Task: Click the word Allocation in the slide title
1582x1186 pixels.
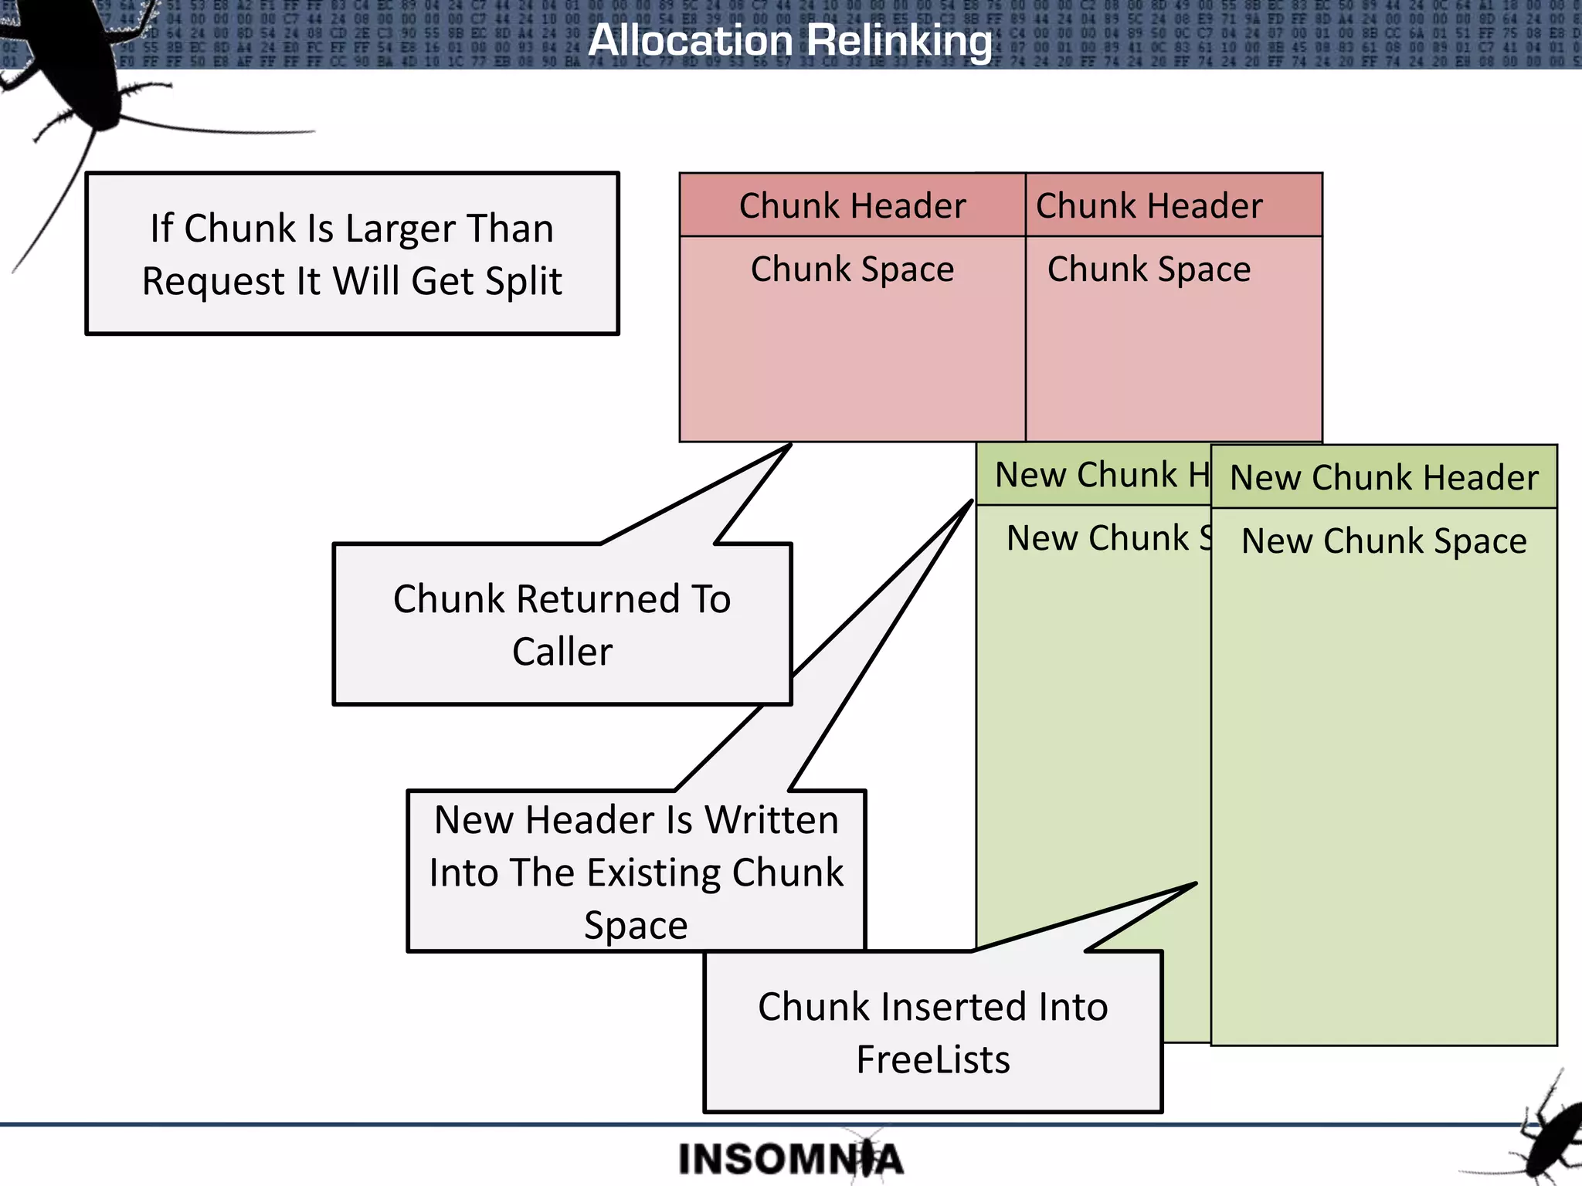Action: coord(691,40)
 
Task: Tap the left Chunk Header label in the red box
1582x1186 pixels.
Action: coord(852,206)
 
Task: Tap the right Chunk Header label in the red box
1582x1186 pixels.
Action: coord(1149,206)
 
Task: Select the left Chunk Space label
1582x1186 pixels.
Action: coord(852,269)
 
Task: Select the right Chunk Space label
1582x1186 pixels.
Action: coord(1149,269)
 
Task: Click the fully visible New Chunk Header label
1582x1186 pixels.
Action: coord(1383,478)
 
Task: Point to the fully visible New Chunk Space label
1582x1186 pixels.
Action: coord(1383,541)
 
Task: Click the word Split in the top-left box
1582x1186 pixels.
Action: coord(523,281)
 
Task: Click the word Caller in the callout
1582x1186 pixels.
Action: coord(562,652)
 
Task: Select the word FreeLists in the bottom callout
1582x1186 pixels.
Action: coord(932,1059)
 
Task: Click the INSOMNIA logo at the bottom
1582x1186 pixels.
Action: coord(790,1159)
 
